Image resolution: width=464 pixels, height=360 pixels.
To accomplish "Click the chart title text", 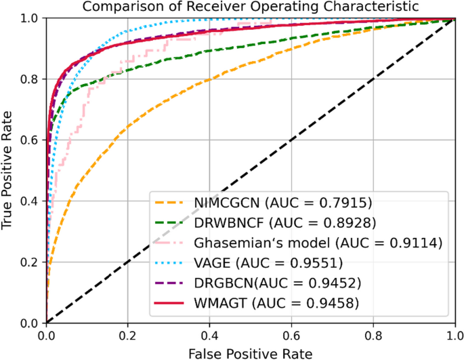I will coord(250,7).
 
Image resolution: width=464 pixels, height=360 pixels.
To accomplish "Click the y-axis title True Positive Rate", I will coord(9,171).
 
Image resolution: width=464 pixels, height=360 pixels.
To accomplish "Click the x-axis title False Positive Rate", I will coord(249,353).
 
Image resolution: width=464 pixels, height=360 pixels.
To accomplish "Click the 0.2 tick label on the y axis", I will coord(30,262).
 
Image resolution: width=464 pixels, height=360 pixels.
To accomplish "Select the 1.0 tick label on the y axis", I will coord(30,19).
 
